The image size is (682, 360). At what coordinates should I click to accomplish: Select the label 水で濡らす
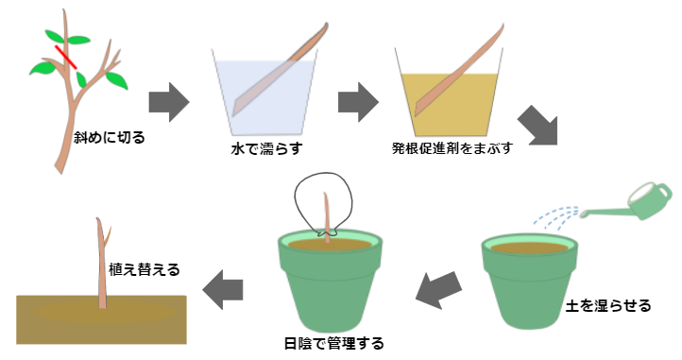click(264, 148)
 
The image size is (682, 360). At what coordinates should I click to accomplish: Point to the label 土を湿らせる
click(607, 306)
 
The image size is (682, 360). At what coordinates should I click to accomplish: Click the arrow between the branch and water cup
click(171, 101)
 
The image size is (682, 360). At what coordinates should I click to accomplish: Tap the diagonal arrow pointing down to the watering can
click(540, 129)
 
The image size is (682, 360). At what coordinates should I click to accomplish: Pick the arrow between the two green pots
click(440, 289)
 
